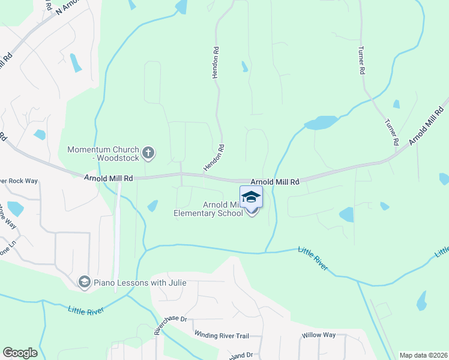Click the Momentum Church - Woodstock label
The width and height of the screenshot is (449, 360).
(x=103, y=154)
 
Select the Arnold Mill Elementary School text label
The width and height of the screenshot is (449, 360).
(x=208, y=209)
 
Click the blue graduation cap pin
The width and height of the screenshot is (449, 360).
(x=252, y=197)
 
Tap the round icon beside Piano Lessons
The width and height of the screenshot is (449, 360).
(x=85, y=282)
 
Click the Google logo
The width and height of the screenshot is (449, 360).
(x=20, y=353)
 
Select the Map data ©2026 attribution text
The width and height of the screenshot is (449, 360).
(x=423, y=355)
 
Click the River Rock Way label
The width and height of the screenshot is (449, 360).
(x=19, y=181)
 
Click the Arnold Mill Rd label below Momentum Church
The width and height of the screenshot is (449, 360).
(x=108, y=178)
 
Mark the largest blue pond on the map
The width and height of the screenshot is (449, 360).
(x=321, y=122)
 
